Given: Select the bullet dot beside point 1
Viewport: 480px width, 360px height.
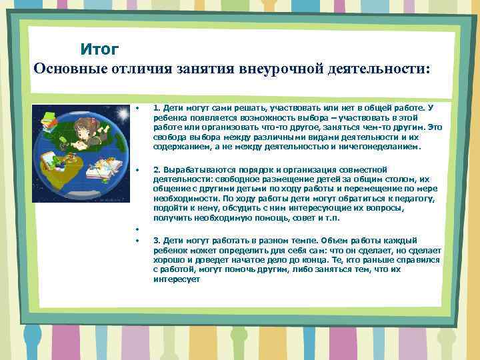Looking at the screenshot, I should click(x=135, y=106).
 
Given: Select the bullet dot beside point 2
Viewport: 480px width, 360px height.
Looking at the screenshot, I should click(x=135, y=169).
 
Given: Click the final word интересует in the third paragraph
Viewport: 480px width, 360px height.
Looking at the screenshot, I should click(x=176, y=280).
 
